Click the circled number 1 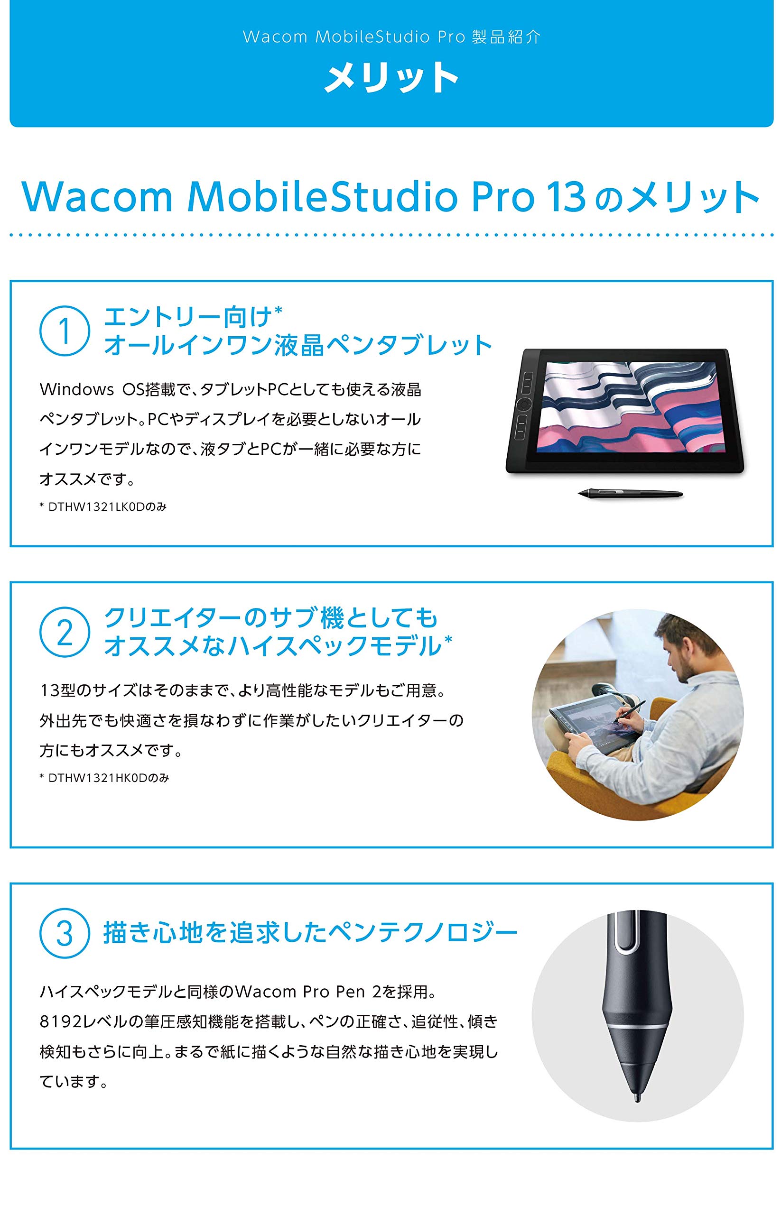coord(65,331)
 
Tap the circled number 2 coord(65,632)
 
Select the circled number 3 coord(65,933)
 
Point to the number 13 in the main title coord(566,197)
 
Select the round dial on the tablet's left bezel coord(524,404)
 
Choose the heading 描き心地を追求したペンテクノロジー coord(310,933)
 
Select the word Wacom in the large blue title coord(97,197)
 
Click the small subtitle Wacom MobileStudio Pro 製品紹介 coord(391,37)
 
